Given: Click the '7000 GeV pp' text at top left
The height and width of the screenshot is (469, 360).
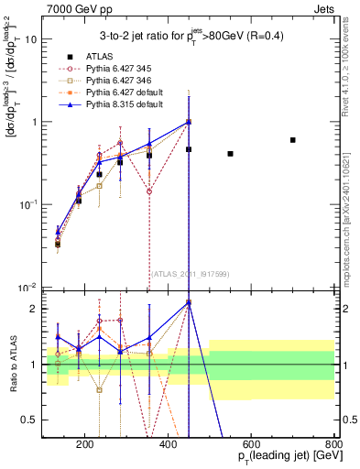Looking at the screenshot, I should pyautogui.click(x=74, y=8).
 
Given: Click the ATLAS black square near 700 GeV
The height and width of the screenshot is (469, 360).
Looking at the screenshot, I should pyautogui.click(x=292, y=140).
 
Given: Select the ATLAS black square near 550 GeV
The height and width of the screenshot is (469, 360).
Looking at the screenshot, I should pyautogui.click(x=230, y=154).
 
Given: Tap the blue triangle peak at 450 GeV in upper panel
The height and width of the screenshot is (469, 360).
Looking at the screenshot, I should pyautogui.click(x=189, y=122).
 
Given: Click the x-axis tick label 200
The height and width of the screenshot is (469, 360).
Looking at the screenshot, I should pyautogui.click(x=84, y=446).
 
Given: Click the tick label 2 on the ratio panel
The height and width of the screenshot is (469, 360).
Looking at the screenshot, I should pyautogui.click(x=34, y=309).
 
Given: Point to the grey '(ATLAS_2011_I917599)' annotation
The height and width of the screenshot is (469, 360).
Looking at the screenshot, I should pyautogui.click(x=188, y=272).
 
